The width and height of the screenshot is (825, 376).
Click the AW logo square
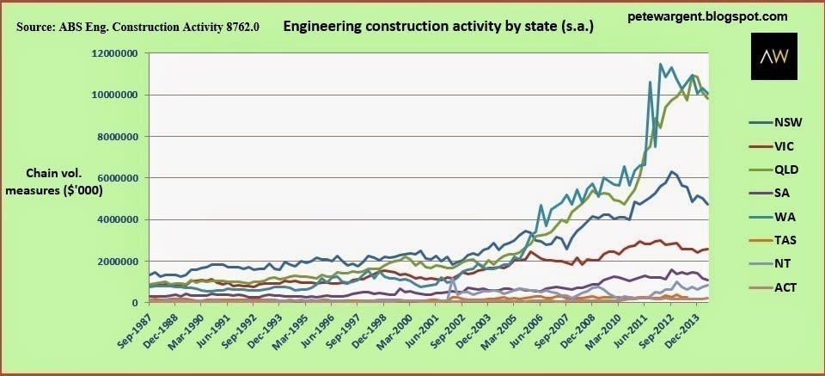(774, 56)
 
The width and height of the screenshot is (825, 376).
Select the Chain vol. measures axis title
(54, 183)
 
